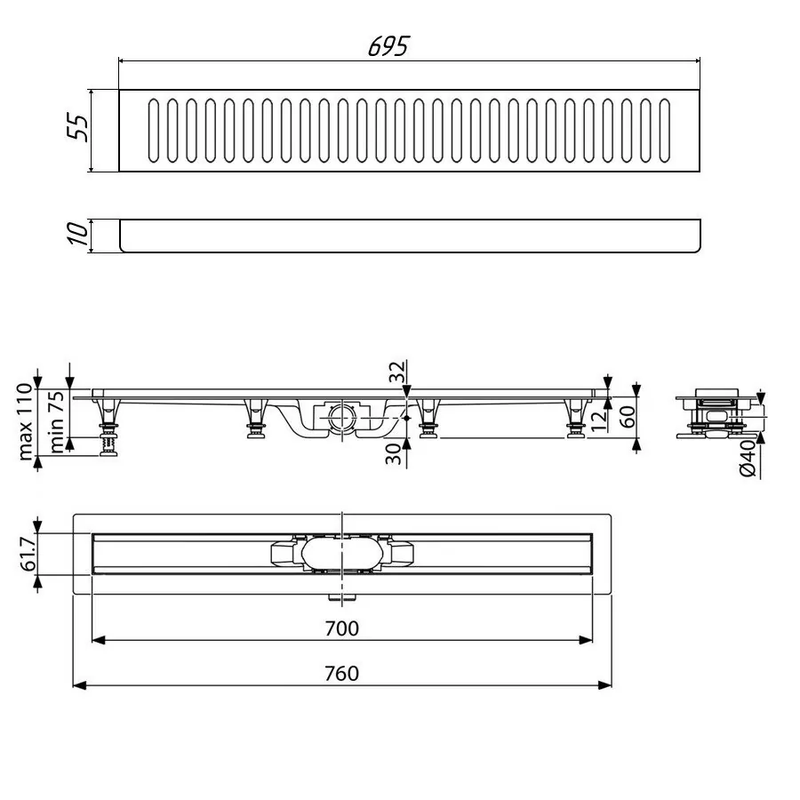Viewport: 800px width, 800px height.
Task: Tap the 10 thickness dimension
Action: tap(78, 236)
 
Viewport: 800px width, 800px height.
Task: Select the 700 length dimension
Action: tap(342, 629)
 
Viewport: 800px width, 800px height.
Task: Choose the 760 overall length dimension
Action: tap(342, 674)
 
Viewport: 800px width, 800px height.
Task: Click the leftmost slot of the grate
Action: tap(155, 131)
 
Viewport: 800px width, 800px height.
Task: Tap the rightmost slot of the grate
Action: tap(665, 131)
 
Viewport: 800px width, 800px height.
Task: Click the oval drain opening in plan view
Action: tap(341, 554)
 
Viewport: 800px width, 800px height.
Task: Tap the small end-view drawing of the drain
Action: tap(716, 412)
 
